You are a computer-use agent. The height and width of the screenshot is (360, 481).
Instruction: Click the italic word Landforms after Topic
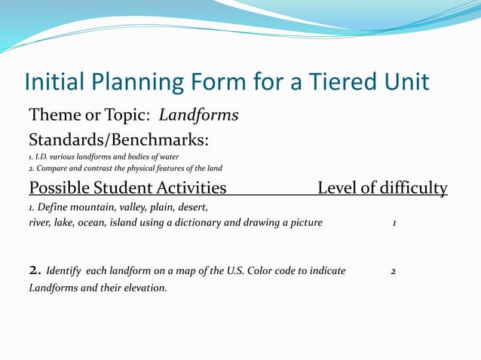point(200,116)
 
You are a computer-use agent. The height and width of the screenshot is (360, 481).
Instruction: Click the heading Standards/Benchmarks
point(118,140)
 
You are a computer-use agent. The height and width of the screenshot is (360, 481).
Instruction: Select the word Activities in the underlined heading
point(186,188)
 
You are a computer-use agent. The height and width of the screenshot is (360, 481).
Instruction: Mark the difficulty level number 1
point(394,223)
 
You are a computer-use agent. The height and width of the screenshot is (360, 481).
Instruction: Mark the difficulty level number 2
point(394,270)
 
